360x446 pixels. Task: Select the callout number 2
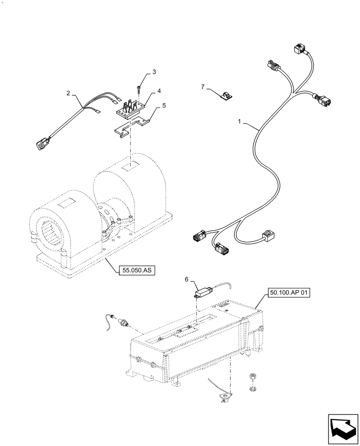pyautogui.click(x=68, y=93)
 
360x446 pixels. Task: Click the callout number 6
pyautogui.click(x=187, y=279)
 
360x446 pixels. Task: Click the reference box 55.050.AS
pyautogui.click(x=136, y=270)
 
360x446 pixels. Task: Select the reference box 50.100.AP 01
pyautogui.click(x=289, y=293)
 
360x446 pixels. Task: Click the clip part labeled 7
pyautogui.click(x=227, y=95)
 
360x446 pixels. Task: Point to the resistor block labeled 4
pyautogui.click(x=131, y=108)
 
